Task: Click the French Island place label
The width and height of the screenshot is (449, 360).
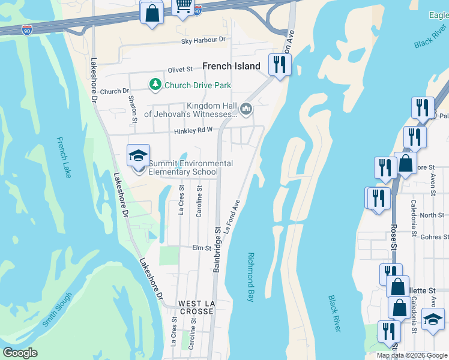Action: coord(231,66)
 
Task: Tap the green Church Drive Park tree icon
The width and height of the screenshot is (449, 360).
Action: coord(155,85)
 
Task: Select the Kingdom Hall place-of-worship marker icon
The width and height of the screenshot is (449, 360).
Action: coord(246,109)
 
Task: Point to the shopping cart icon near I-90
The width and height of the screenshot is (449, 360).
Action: coord(183,6)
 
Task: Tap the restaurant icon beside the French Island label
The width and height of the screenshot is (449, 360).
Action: coord(279,64)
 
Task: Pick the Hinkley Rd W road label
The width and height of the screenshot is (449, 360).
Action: coord(193,131)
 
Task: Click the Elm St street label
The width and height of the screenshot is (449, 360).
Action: coord(201,248)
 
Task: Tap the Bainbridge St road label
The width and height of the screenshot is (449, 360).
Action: coord(217,248)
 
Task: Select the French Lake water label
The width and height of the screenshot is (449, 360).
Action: coord(62,157)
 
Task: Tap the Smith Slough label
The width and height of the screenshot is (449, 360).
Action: coord(57,310)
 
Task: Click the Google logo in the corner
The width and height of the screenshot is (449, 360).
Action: coord(20,353)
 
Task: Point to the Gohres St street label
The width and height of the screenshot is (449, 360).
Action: coord(431,238)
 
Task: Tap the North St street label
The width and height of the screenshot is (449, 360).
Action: coord(432,215)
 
